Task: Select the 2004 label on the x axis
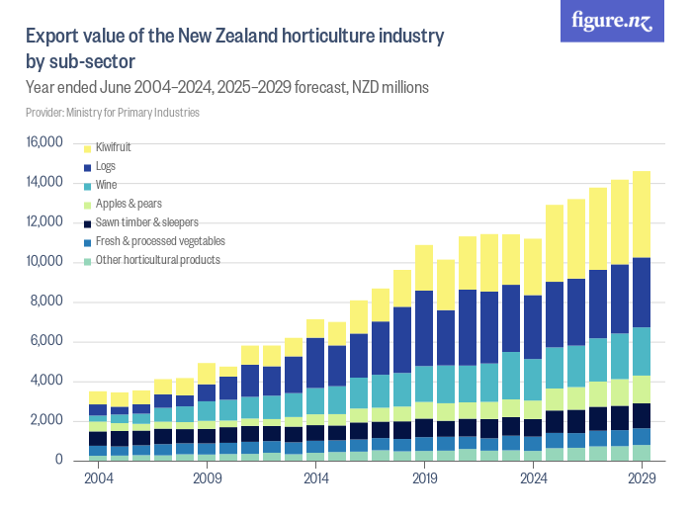97,478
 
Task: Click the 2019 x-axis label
424,478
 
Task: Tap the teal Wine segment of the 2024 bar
533,380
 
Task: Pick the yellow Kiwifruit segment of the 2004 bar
97,397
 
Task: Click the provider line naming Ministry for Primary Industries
113,113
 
